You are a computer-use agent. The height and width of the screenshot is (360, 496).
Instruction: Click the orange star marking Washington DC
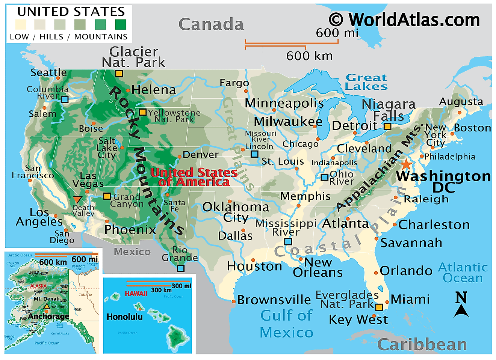(x=406, y=164)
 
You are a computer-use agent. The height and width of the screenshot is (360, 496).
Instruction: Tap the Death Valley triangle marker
(x=77, y=199)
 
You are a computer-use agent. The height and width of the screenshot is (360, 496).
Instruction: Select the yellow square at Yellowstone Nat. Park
(x=142, y=112)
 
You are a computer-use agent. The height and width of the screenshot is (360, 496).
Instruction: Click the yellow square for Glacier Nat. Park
(x=119, y=74)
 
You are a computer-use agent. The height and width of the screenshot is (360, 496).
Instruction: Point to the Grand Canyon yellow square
(x=107, y=196)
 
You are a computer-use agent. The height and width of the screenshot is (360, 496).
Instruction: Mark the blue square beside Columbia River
(x=65, y=99)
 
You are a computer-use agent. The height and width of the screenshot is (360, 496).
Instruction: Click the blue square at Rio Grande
(x=181, y=268)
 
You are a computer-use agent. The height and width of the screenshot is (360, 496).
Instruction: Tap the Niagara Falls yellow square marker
(x=387, y=126)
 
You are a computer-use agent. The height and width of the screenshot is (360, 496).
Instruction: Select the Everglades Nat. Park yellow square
(x=379, y=307)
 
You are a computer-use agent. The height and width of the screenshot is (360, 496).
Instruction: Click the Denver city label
(x=200, y=155)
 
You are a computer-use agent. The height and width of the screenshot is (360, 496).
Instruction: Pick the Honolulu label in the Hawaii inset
(x=124, y=317)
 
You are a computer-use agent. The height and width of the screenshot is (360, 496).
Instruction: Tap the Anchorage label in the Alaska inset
(x=49, y=316)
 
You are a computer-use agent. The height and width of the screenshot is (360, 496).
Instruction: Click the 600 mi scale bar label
(x=337, y=33)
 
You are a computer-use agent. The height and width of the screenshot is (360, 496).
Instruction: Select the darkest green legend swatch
(x=121, y=25)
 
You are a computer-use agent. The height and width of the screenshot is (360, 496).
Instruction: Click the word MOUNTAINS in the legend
(x=101, y=37)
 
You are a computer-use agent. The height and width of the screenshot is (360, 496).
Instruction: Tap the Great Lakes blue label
(x=366, y=82)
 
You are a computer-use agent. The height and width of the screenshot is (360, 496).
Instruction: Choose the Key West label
(x=358, y=319)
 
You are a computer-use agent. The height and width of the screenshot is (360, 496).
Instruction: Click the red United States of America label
(x=194, y=177)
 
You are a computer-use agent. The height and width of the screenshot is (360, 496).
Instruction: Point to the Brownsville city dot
(x=234, y=301)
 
